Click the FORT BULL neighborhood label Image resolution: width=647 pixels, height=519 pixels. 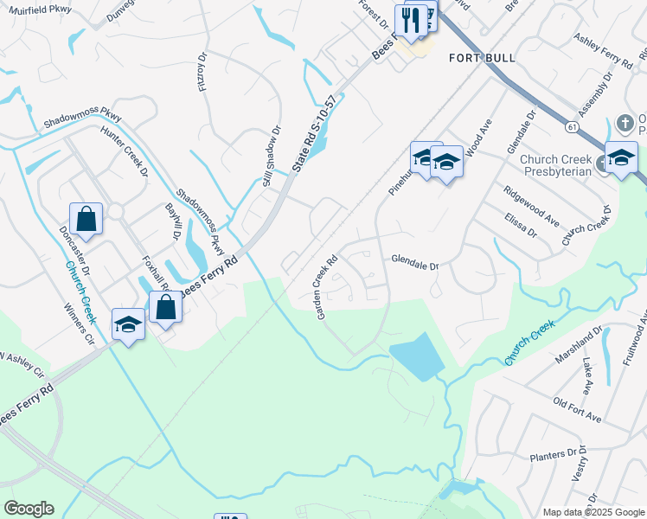482,58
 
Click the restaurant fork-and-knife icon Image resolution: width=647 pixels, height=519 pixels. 411,20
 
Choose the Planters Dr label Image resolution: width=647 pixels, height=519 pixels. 552,455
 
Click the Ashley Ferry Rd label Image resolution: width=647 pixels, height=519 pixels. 604,51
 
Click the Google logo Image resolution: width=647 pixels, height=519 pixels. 29,509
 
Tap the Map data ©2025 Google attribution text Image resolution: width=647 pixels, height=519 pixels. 593,512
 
